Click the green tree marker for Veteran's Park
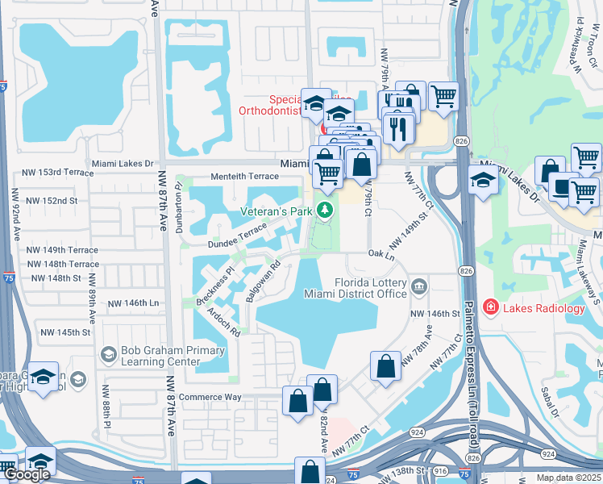pyautogui.click(x=325, y=211)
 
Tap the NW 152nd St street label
pyautogui.click(x=52, y=200)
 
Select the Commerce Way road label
pyautogui.click(x=210, y=397)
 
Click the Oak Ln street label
pyautogui.click(x=381, y=255)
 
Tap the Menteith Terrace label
pyautogui.click(x=244, y=176)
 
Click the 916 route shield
pyautogui.click(x=439, y=469)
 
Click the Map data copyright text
pyautogui.click(x=569, y=478)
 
